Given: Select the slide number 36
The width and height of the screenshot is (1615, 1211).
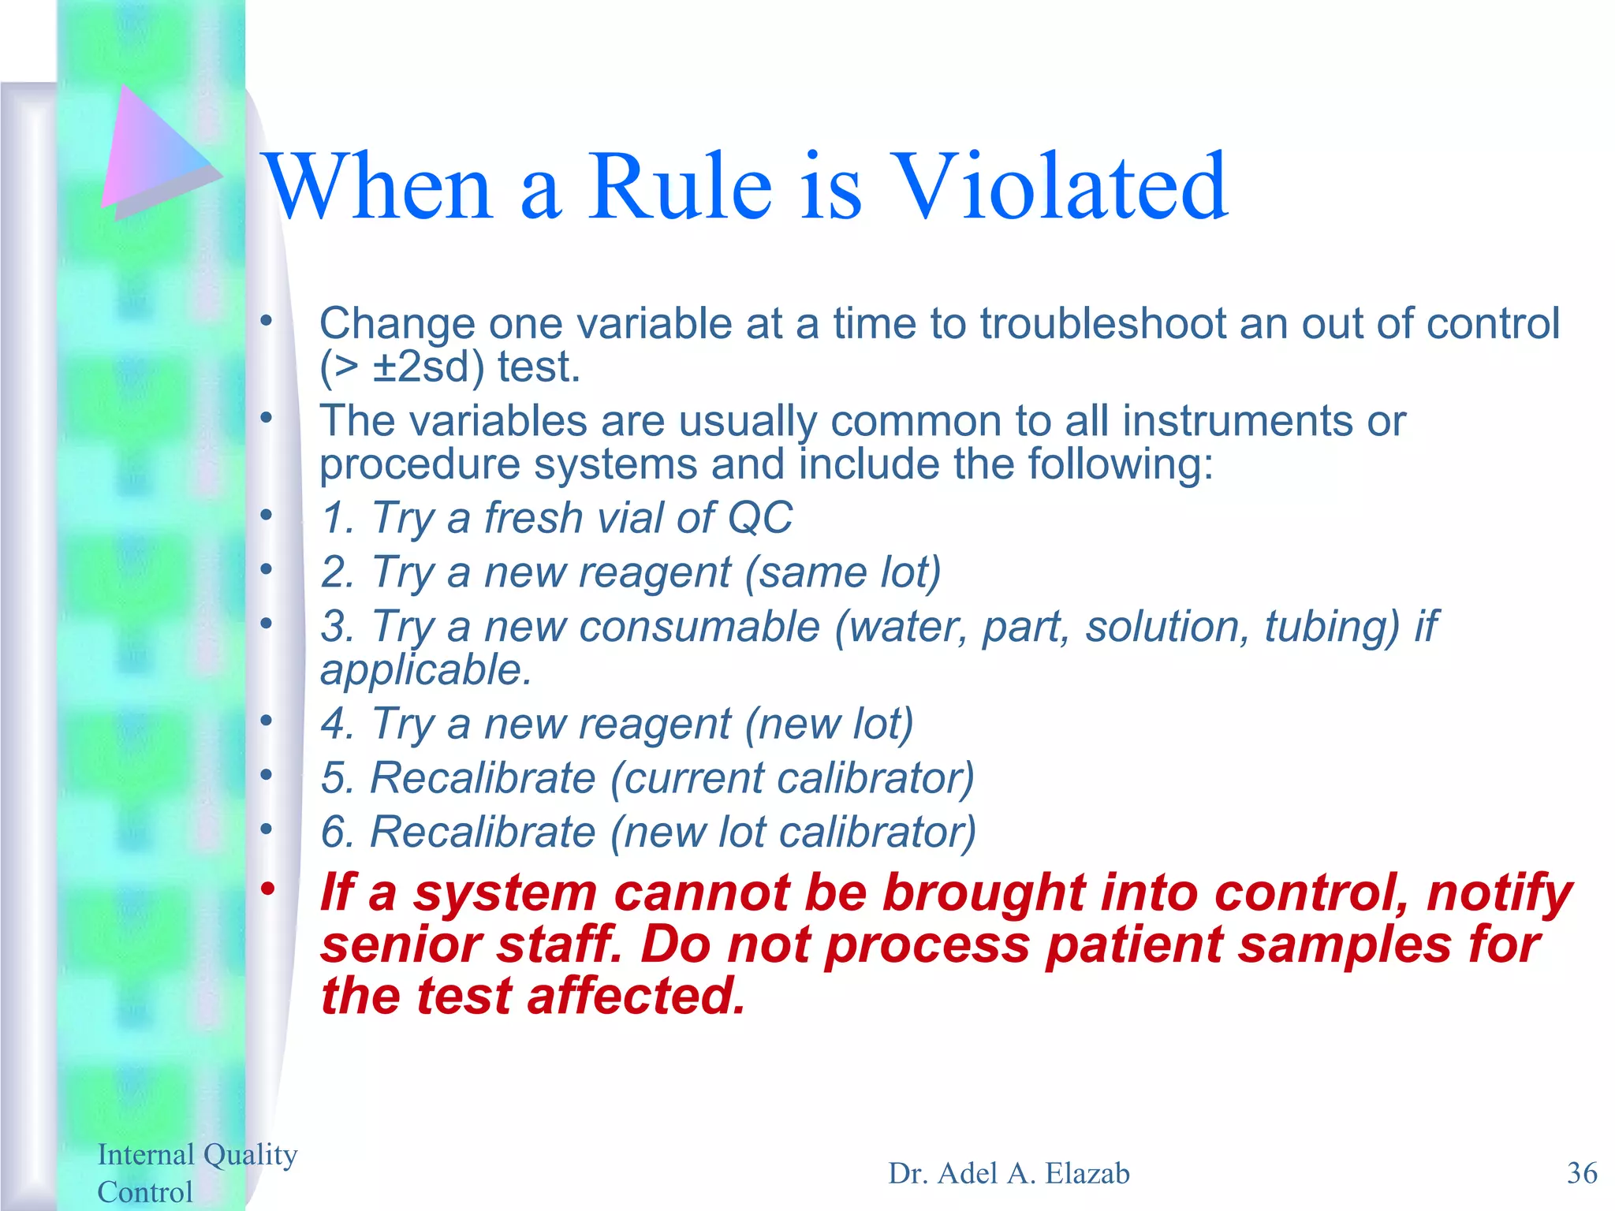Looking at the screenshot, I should coord(1581,1173).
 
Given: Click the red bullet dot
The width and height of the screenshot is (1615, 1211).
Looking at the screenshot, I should coord(267,889).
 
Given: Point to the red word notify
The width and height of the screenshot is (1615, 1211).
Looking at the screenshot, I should coord(1498,893).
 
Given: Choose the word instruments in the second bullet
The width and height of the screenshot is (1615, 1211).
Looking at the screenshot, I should coord(1236,421).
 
